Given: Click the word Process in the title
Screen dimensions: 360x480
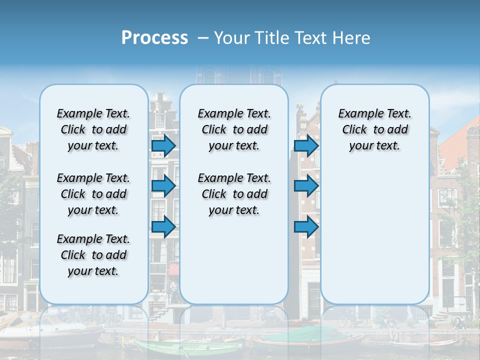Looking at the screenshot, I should (x=154, y=38).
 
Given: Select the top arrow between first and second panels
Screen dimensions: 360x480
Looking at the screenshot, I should (x=163, y=145).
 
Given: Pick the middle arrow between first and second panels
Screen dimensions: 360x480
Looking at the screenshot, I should (x=163, y=186).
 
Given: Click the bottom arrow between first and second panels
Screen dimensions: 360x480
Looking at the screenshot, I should (x=163, y=226).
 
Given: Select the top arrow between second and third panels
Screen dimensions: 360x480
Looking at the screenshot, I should (x=306, y=145).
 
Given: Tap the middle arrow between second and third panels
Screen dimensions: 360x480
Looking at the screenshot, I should (x=306, y=186).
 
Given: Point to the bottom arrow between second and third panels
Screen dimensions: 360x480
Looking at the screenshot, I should (x=306, y=226).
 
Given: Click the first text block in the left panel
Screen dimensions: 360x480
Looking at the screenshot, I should (x=93, y=129).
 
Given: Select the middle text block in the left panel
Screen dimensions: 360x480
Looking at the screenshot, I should (x=93, y=194).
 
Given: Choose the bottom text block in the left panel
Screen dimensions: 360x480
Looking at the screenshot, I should (x=93, y=255).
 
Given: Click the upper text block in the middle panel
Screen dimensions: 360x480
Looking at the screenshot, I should (x=234, y=129).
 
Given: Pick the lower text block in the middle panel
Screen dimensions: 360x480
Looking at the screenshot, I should (x=234, y=194).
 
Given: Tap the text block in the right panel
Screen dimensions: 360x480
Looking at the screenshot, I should (x=375, y=129).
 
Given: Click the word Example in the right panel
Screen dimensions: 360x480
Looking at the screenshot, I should (x=357, y=114).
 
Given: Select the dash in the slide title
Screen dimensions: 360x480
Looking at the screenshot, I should (x=203, y=38).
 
